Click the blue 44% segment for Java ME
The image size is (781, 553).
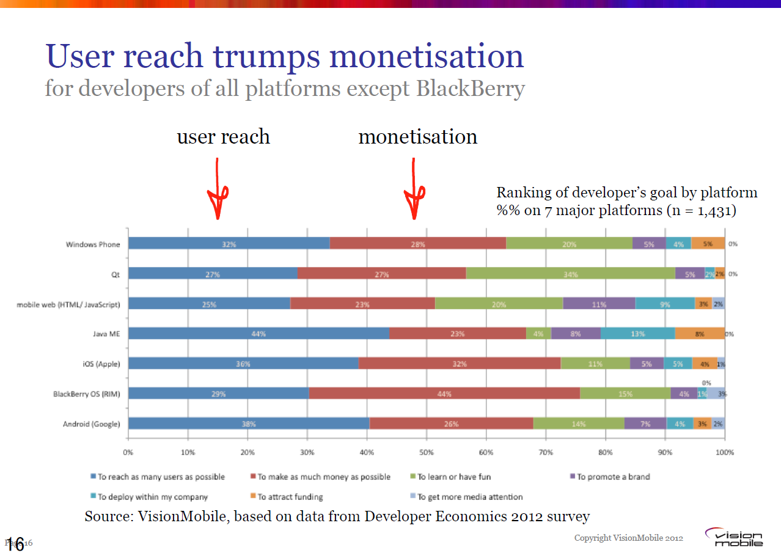(258, 334)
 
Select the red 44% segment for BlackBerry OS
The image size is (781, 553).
(444, 394)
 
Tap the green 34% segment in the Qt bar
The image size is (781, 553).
(570, 274)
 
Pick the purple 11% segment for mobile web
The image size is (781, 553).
(599, 304)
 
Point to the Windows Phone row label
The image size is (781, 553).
(93, 244)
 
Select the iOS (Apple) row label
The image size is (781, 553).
(101, 364)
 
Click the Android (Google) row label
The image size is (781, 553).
(92, 424)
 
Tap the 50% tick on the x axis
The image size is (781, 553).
(427, 453)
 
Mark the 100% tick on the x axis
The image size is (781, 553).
(725, 453)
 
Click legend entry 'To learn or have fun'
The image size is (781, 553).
(454, 477)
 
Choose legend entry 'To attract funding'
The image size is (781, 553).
(290, 497)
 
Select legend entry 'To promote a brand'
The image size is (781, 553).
(613, 477)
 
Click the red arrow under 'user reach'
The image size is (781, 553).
(217, 189)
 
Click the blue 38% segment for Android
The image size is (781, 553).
(249, 423)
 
